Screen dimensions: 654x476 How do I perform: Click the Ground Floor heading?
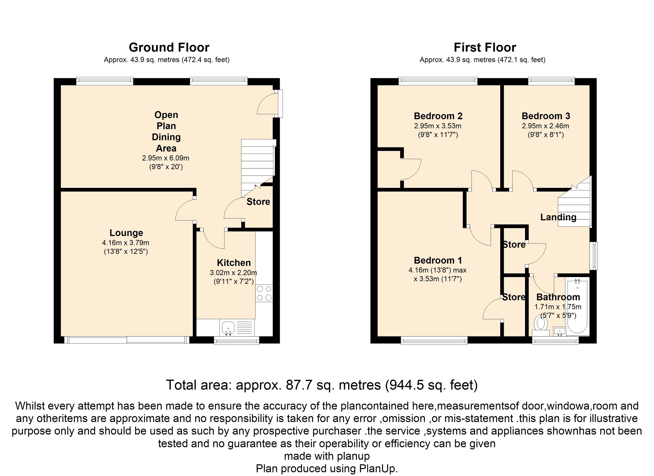[169, 47]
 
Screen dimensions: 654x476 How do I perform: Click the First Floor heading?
[485, 47]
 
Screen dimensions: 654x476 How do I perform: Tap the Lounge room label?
[126, 233]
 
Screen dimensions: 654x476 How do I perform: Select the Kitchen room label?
[234, 263]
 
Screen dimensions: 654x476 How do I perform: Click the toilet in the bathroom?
[541, 326]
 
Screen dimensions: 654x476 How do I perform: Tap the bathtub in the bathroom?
[577, 306]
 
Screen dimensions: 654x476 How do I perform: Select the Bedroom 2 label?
[438, 116]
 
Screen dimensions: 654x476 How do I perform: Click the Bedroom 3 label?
[546, 116]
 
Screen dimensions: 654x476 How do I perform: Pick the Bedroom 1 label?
[438, 260]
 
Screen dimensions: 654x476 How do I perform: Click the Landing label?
[558, 217]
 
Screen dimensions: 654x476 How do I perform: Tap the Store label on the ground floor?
[258, 202]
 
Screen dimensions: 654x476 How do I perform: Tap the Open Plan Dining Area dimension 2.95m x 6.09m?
[165, 158]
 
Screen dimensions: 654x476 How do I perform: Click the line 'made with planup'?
[327, 456]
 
